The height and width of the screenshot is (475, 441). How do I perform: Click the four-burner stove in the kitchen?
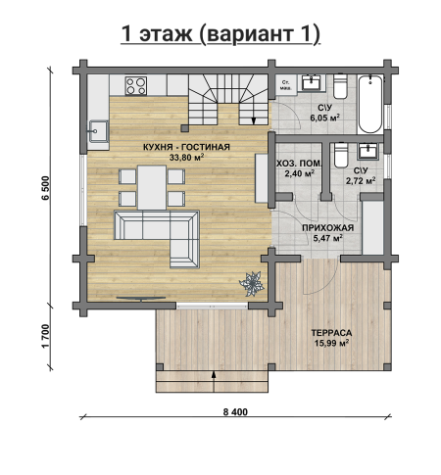(136, 85)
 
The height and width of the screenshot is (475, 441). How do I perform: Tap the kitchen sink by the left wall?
(98, 131)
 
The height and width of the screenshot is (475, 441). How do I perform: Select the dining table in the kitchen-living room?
(152, 187)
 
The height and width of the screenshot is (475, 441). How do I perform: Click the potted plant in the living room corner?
(252, 284)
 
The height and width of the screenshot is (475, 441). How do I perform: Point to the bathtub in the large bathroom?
(370, 104)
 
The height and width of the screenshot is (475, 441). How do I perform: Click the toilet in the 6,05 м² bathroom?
(340, 85)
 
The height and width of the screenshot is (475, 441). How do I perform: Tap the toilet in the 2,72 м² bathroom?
(341, 155)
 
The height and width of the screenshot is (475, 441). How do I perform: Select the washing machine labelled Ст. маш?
(286, 85)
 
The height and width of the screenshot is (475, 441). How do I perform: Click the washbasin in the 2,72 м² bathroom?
(369, 152)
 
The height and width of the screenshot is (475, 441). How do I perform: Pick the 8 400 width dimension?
(235, 412)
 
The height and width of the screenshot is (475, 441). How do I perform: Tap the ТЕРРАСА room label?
(331, 333)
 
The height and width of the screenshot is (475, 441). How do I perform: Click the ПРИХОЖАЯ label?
(327, 228)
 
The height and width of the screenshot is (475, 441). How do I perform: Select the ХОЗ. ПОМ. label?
(299, 164)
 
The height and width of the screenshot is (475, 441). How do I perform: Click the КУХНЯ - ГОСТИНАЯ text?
(186, 147)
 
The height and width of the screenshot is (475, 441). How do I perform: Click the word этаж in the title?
(166, 34)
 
